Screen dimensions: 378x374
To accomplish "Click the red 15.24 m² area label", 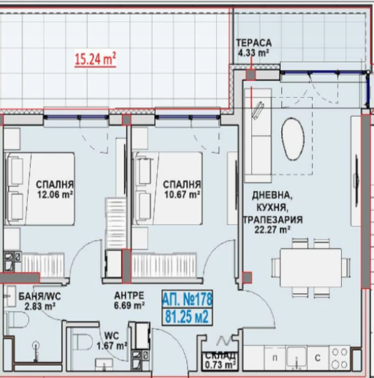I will coord(95,59).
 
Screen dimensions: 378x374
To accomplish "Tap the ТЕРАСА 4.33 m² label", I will coord(254,47).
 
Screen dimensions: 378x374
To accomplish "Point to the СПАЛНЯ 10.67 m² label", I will coord(182,189).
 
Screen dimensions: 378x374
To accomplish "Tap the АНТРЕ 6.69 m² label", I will coord(129,300).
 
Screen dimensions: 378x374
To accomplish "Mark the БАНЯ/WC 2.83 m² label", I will coord(39,300).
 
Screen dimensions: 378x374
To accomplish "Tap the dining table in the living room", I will coord(311,267).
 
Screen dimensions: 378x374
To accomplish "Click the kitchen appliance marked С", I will coord(317,358).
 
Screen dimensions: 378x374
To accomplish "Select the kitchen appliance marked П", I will coord(275,358).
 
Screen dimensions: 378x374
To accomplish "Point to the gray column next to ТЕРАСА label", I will coord(251,74).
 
